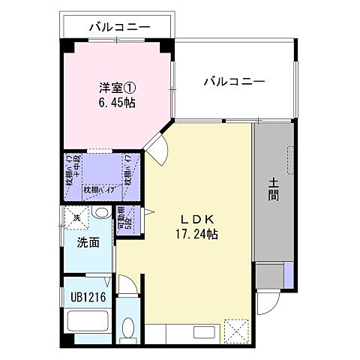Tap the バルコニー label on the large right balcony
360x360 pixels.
(233, 82)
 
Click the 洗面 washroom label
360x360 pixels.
(88, 242)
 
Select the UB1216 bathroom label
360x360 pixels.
(88, 297)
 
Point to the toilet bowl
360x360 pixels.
(127, 329)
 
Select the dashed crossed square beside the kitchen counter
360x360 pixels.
(237, 329)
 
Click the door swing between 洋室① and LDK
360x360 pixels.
(158, 148)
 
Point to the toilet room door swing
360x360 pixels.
(127, 286)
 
